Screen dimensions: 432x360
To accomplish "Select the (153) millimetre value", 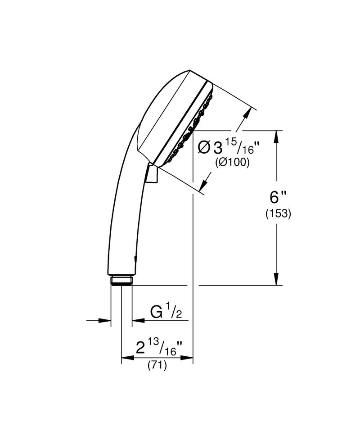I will pos(277,214).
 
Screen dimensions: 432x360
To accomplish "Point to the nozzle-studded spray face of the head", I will pos(189,126).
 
